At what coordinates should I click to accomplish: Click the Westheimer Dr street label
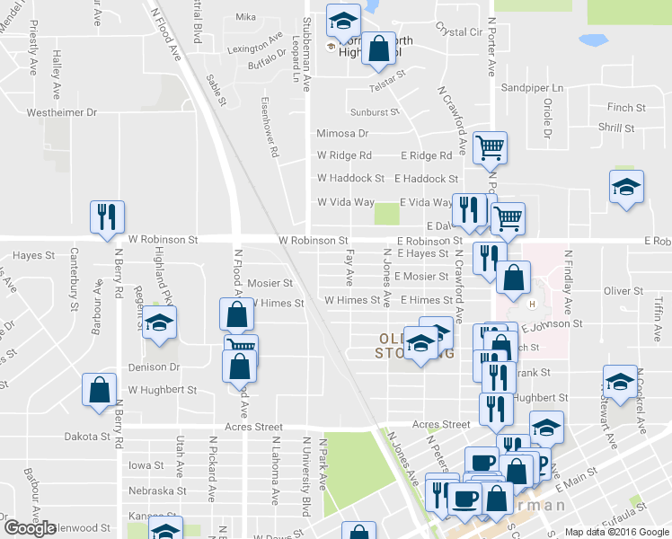(61, 112)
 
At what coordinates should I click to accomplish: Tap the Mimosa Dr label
(342, 133)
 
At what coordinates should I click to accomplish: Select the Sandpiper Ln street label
(532, 88)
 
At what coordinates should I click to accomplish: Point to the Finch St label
(620, 106)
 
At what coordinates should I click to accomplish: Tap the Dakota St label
(93, 437)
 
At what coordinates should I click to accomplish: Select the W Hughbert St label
(162, 390)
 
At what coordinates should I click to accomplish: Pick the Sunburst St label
(374, 112)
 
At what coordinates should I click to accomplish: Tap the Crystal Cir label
(458, 31)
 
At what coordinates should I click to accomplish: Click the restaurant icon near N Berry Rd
(107, 218)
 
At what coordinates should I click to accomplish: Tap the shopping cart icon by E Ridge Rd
(490, 146)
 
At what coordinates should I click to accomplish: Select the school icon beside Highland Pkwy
(160, 323)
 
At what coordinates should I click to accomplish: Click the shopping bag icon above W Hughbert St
(100, 390)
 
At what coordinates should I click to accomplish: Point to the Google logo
(30, 528)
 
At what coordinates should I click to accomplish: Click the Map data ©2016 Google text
(616, 532)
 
